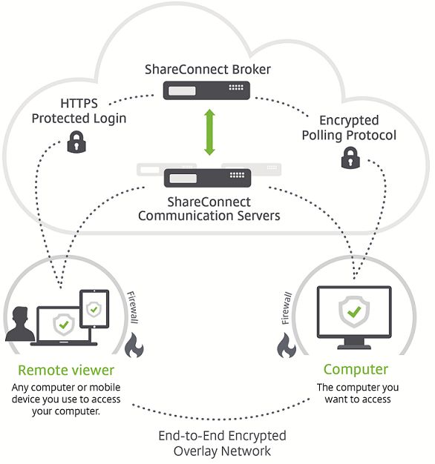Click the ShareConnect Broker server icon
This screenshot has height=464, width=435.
(x=206, y=90)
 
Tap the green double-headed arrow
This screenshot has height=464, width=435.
(x=209, y=132)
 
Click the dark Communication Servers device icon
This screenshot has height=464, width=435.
(x=207, y=178)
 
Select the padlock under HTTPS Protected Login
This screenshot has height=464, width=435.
(x=76, y=142)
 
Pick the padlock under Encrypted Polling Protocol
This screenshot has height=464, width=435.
(x=350, y=158)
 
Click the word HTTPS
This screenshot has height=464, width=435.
(x=79, y=104)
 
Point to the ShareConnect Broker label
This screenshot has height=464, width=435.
(x=207, y=70)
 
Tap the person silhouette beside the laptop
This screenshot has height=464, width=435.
(x=20, y=324)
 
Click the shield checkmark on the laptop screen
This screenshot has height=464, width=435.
(x=64, y=325)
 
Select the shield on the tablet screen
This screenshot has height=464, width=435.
(x=94, y=310)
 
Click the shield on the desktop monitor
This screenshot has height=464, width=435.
(x=354, y=311)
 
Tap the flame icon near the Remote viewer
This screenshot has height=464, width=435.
(x=134, y=345)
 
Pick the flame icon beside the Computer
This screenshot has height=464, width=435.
(x=287, y=345)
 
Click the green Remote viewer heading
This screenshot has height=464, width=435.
(x=66, y=370)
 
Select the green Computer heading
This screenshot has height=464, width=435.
(x=356, y=370)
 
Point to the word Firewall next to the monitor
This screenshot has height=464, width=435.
(x=287, y=308)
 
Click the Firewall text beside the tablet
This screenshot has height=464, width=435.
(x=132, y=307)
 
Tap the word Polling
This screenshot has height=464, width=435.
(x=322, y=136)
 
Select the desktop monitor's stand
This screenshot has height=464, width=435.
(x=354, y=344)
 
